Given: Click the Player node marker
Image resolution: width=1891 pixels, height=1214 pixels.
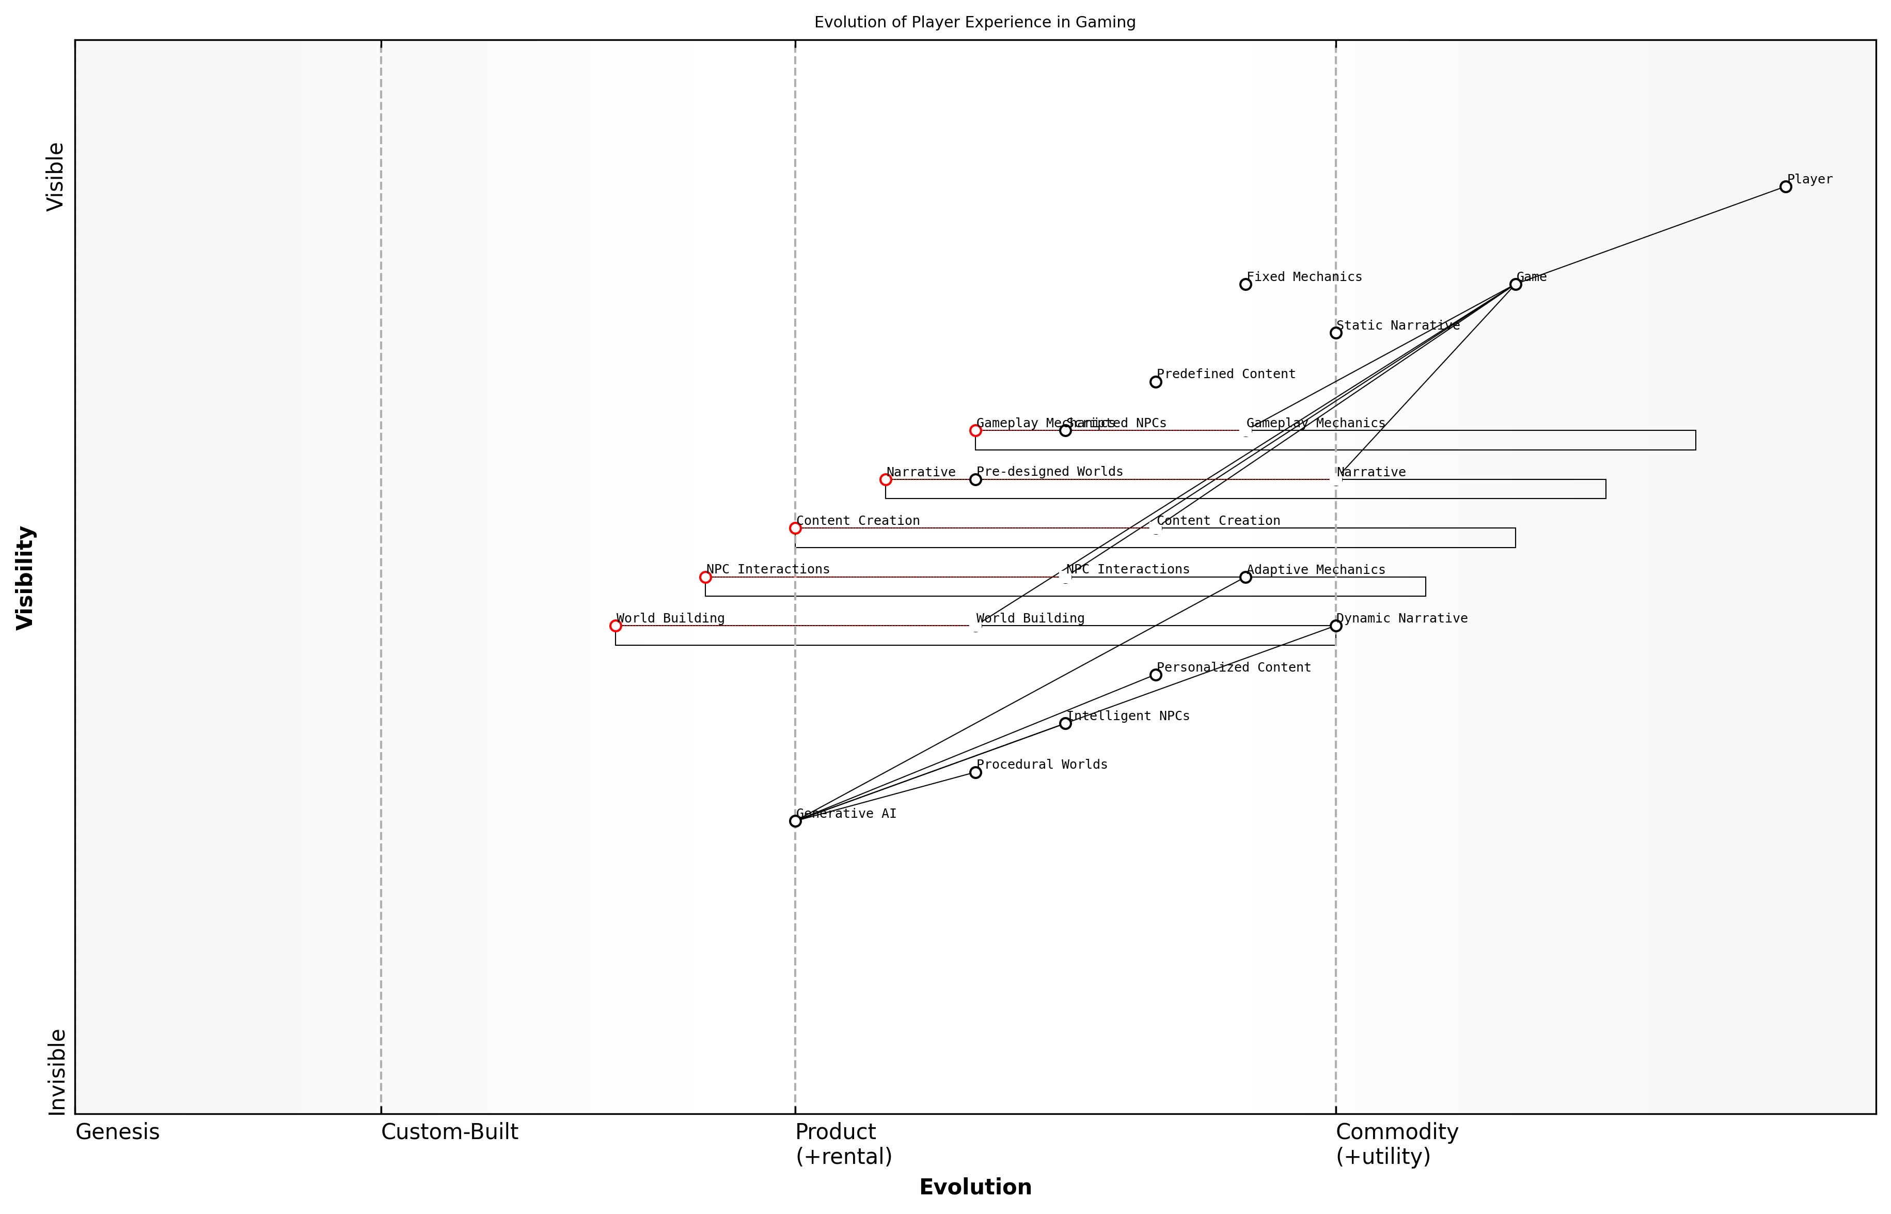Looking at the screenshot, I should coord(1786,187).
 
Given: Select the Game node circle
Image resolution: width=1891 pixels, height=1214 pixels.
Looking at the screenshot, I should coord(1515,285).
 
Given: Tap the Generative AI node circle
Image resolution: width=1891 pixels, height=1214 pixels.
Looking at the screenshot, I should coord(795,821).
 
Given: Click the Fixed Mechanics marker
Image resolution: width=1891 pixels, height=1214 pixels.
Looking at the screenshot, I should coord(1245,285).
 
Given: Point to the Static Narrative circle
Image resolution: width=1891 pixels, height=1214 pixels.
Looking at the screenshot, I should coord(1335,333).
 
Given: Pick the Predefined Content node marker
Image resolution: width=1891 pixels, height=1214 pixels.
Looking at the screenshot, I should coord(1155,382).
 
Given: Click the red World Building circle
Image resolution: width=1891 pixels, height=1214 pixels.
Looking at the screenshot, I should coord(616,626).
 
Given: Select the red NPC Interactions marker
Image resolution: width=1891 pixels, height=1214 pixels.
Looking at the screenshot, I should coord(705,577).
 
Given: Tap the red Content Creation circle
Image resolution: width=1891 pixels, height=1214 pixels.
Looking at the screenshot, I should coord(795,528).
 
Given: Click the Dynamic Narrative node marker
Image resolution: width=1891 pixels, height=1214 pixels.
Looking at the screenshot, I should coord(1335,626).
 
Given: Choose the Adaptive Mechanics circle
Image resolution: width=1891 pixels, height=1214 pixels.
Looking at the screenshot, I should coord(1245,577).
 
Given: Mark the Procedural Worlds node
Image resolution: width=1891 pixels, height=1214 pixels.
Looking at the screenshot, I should coord(975,772).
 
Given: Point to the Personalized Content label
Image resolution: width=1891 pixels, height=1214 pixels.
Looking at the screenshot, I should coord(1233,667).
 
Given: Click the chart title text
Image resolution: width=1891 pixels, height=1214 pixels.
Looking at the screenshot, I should coord(974,22).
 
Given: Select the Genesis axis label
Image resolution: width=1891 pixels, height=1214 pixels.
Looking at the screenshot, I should coord(117,1132).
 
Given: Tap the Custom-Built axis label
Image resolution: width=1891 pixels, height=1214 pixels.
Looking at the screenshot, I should coord(449,1132).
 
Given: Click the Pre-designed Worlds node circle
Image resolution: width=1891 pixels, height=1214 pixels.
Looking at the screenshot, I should coord(975,479).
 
